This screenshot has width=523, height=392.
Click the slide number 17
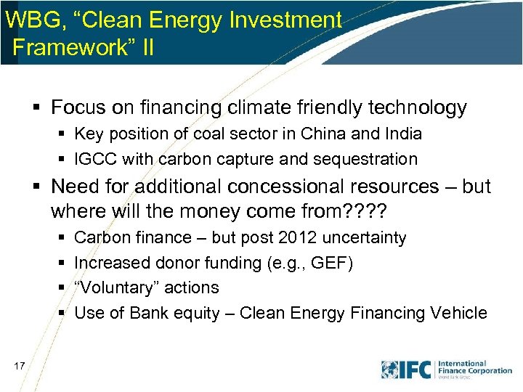(19, 366)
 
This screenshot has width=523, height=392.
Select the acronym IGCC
(97, 160)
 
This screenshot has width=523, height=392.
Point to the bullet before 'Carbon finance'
(63, 238)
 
